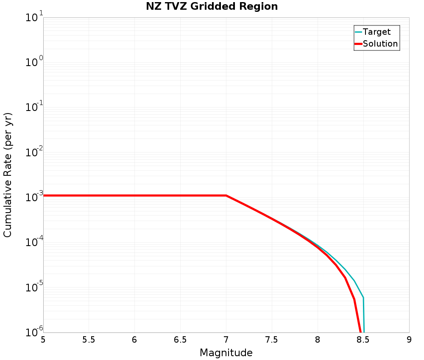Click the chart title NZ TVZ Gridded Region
pos(212,7)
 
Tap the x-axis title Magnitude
pos(226,353)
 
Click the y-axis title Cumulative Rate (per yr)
pos(8,175)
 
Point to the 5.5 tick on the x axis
pos(89,340)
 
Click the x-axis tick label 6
pos(134,340)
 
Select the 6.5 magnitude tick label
pos(180,340)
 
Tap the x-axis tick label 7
pos(226,340)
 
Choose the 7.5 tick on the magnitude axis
pos(272,340)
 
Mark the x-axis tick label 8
pos(318,340)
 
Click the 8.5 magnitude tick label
pos(363,340)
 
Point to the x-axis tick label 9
pos(409,340)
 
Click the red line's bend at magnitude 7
pos(226,196)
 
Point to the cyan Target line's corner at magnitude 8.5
pos(363,298)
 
